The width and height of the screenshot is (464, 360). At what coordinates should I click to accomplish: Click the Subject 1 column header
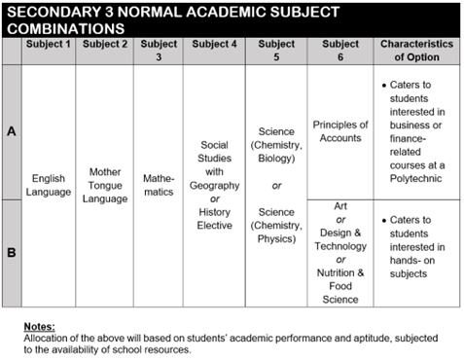[49, 44]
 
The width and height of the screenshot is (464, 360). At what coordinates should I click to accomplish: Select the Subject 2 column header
[104, 44]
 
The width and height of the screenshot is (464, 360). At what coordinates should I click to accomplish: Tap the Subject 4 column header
[214, 44]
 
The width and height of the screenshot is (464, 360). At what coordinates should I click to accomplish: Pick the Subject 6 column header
[339, 50]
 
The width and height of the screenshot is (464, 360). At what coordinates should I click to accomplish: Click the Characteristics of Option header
[416, 50]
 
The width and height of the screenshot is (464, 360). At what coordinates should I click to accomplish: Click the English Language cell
[49, 185]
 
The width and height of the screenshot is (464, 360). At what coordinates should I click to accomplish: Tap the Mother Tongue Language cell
[104, 185]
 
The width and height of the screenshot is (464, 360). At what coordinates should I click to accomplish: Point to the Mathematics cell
[159, 185]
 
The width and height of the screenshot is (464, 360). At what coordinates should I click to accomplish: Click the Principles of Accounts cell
[339, 131]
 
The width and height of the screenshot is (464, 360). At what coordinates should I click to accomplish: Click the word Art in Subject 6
[339, 206]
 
